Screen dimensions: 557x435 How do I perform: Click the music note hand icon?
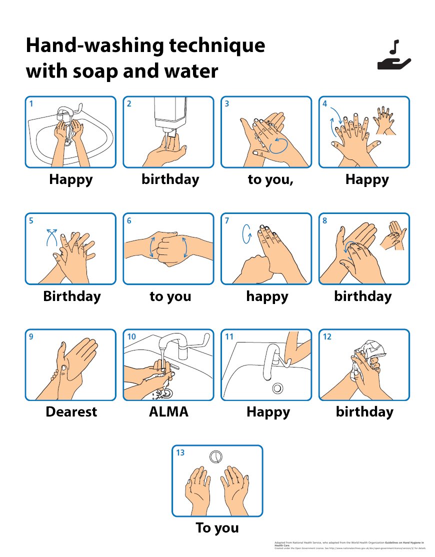coord(393,55)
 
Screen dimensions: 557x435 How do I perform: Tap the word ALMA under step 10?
coord(168,412)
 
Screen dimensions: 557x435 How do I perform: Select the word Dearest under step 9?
coord(71,412)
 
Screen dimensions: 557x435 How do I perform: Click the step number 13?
coord(180,452)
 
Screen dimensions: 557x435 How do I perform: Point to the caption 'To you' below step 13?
coord(217,528)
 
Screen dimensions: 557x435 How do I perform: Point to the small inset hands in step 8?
coord(392,234)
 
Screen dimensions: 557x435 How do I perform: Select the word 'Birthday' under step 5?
coord(71,296)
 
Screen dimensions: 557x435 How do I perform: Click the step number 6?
coord(129,220)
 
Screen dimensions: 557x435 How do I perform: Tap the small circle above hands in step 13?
coord(216,456)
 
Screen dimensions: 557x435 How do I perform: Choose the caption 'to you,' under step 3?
coord(270,179)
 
